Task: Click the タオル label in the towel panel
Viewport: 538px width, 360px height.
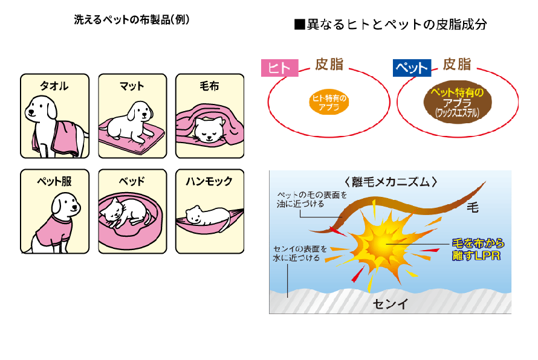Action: [x=54, y=86]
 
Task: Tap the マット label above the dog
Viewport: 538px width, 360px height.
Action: [x=132, y=86]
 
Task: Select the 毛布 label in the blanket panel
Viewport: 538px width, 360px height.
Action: [x=209, y=86]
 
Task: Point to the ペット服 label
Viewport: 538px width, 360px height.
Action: [x=54, y=181]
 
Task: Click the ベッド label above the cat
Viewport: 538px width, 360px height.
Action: [x=132, y=181]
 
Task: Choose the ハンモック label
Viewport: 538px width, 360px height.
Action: [x=209, y=181]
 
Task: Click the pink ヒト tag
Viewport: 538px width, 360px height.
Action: [x=279, y=68]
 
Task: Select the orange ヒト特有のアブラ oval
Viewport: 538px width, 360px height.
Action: [x=329, y=103]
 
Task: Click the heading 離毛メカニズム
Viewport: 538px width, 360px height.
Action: [x=390, y=181]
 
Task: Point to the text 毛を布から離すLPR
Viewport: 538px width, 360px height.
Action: [x=478, y=249]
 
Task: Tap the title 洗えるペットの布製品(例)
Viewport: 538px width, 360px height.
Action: [x=132, y=20]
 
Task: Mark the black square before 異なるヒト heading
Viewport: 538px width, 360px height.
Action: [x=297, y=25]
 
